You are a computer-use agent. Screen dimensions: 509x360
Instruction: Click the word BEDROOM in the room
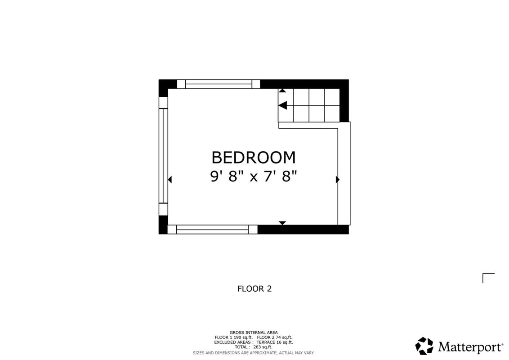point(254,157)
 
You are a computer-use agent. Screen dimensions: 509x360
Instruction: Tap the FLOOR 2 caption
point(254,288)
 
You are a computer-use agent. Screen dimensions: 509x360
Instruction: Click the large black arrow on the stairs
point(283,105)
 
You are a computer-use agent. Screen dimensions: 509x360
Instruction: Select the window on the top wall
point(219,84)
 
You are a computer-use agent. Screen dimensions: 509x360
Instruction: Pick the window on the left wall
point(163,156)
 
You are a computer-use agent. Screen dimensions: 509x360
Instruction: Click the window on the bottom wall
point(212,229)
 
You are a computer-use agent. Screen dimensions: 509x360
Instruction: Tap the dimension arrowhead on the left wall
point(170,180)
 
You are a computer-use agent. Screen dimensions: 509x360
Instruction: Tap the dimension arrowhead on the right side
point(338,180)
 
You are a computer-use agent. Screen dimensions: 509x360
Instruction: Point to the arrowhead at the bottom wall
point(282,223)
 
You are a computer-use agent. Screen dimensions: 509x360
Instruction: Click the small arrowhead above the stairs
point(282,90)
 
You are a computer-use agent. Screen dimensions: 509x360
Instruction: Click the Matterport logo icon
point(424,346)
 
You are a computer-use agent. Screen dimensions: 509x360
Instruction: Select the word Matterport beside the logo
point(470,347)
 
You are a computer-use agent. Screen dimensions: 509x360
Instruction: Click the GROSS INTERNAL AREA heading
point(254,333)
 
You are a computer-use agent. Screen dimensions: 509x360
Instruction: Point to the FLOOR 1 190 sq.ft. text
point(233,337)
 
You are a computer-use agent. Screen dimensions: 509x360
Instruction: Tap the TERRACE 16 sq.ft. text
point(275,342)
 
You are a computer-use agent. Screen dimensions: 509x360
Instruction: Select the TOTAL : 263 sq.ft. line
point(254,347)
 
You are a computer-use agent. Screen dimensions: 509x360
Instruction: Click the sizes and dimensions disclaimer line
point(254,353)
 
